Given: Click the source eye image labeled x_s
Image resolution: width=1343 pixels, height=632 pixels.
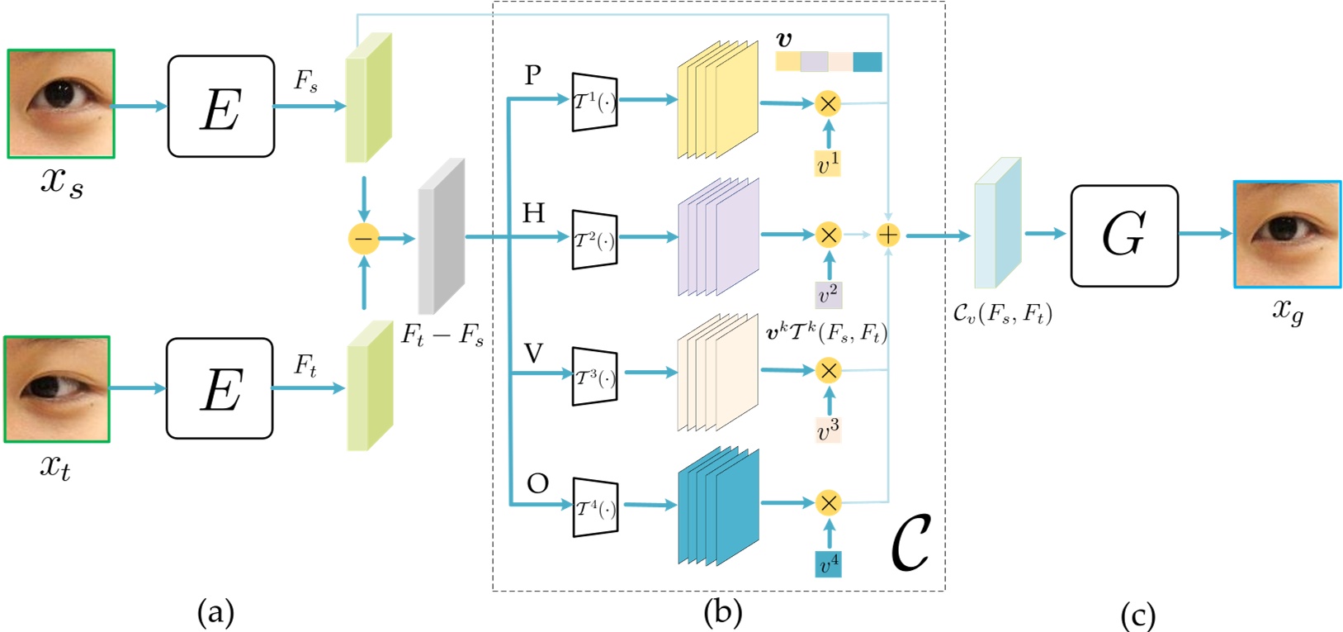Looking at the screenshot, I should pyautogui.click(x=61, y=103).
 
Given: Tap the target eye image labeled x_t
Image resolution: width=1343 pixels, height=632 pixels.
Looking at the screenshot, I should pyautogui.click(x=57, y=388).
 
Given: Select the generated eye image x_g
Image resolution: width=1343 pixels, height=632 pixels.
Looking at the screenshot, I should pyautogui.click(x=1287, y=235).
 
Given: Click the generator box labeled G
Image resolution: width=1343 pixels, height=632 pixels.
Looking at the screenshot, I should pyautogui.click(x=1124, y=235).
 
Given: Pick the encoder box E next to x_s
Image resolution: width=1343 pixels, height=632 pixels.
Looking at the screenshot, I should pyautogui.click(x=221, y=107).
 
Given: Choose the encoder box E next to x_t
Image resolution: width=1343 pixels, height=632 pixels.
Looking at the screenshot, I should pyautogui.click(x=220, y=388).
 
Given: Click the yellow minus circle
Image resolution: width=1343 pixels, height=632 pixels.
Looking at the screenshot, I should pyautogui.click(x=363, y=239).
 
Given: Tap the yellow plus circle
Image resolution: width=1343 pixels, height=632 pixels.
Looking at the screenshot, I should pyautogui.click(x=887, y=235).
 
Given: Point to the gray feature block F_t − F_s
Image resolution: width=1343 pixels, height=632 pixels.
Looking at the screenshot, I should pyautogui.click(x=442, y=236).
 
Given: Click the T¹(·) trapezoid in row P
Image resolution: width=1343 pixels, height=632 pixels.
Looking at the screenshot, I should pyautogui.click(x=594, y=102).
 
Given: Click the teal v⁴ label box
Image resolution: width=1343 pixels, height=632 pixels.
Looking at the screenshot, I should pyautogui.click(x=828, y=564).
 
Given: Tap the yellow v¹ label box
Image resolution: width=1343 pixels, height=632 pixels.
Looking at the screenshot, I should pyautogui.click(x=828, y=164).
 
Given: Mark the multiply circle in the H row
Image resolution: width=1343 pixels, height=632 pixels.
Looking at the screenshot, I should pyautogui.click(x=828, y=235).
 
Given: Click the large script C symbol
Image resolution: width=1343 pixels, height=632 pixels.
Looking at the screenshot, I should pyautogui.click(x=910, y=542).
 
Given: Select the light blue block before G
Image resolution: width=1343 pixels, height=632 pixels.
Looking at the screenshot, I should pyautogui.click(x=997, y=223).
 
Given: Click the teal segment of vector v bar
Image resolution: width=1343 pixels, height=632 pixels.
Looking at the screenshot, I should pyautogui.click(x=867, y=62).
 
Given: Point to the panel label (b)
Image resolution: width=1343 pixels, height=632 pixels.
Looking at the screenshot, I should pyautogui.click(x=722, y=612).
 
